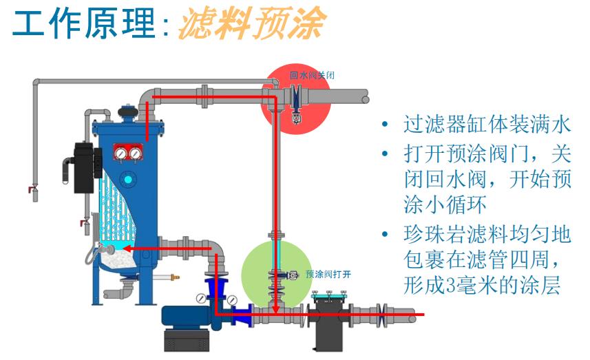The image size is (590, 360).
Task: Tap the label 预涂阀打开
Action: pos(328,273)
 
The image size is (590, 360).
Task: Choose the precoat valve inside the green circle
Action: pos(282,274)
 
